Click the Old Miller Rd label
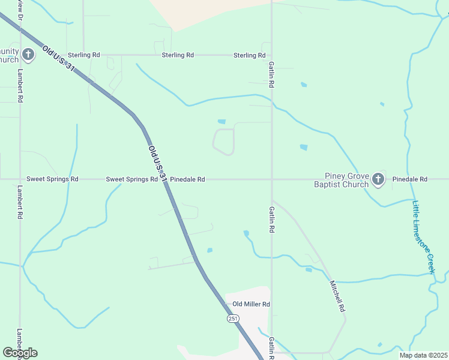click(x=252, y=304)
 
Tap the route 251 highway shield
click(x=233, y=319)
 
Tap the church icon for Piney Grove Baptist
click(x=378, y=179)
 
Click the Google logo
click(x=20, y=353)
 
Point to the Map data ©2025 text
click(x=423, y=355)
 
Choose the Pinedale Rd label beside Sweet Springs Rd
click(x=187, y=179)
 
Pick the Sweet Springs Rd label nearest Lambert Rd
click(x=53, y=179)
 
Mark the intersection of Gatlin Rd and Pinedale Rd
click(x=272, y=179)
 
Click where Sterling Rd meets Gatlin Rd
click(x=272, y=55)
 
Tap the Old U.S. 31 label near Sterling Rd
click(x=58, y=58)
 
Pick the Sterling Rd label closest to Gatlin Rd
click(x=249, y=55)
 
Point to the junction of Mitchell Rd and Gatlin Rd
click(x=273, y=201)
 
